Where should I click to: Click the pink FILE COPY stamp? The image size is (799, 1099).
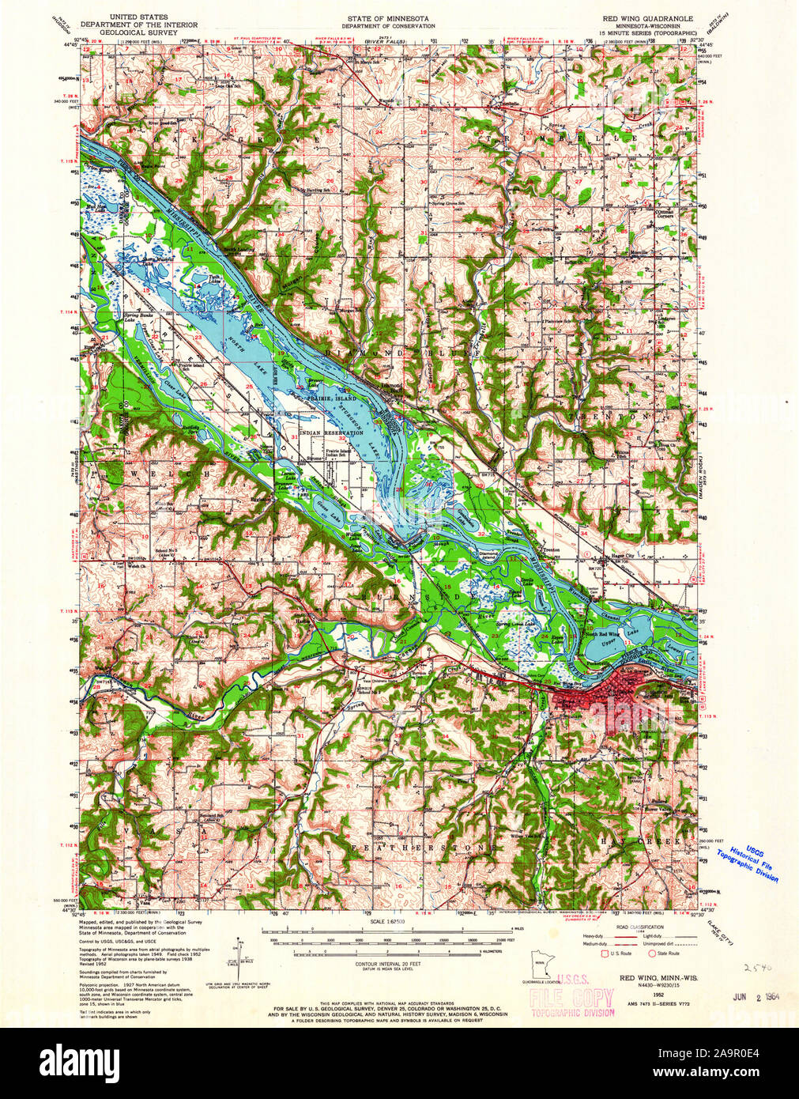pyautogui.click(x=573, y=998)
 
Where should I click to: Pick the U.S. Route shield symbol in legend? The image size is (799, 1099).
pyautogui.click(x=608, y=954)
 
